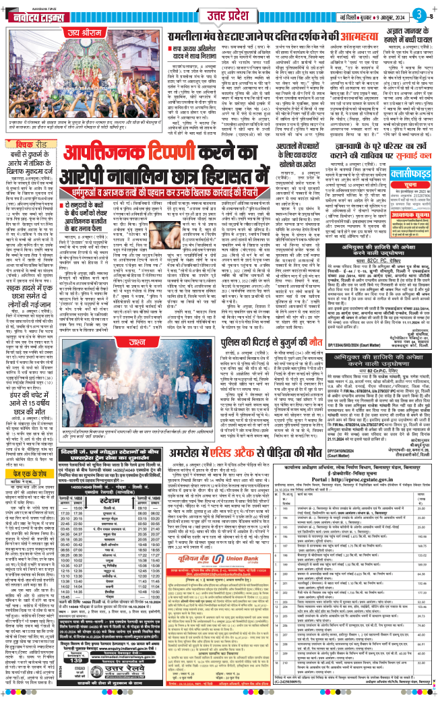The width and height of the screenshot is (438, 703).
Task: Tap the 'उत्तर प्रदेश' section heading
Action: tap(218, 13)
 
